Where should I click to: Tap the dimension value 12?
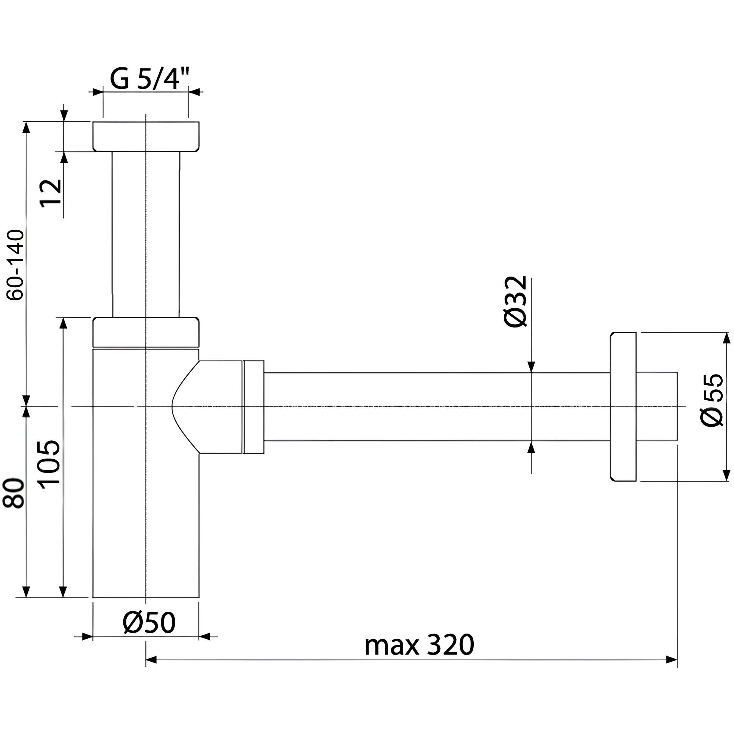pyautogui.click(x=51, y=192)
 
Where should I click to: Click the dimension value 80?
pyautogui.click(x=14, y=493)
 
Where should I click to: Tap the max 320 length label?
pyautogui.click(x=420, y=645)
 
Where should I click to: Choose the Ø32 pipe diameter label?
pyautogui.click(x=516, y=301)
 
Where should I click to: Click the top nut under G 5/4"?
pyautogui.click(x=146, y=136)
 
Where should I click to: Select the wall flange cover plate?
pyautogui.click(x=623, y=406)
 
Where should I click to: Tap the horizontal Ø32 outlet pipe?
pyautogui.click(x=437, y=407)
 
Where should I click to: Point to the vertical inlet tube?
pyautogui.click(x=146, y=234)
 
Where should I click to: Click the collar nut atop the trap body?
pyautogui.click(x=146, y=332)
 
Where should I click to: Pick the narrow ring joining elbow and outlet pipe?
pyautogui.click(x=253, y=407)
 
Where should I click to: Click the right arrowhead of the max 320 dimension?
pyautogui.click(x=672, y=659)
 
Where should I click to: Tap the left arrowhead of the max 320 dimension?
pyautogui.click(x=151, y=659)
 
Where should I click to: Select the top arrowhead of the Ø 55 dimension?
pyautogui.click(x=727, y=338)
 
